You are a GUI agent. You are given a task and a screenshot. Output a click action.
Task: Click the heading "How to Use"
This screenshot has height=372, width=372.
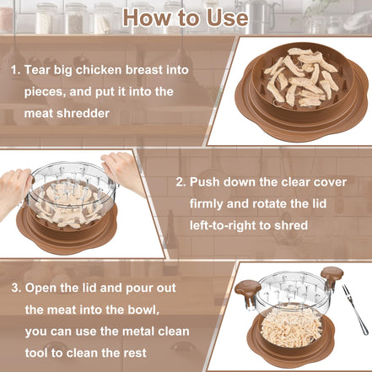pos(186,17)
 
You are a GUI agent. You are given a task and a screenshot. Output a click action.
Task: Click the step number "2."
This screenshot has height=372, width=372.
pos(181,181)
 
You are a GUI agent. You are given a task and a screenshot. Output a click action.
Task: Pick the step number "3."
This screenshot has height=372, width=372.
pos(15,287)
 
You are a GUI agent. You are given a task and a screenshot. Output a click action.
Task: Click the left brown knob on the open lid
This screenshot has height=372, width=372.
pos(247,288)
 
